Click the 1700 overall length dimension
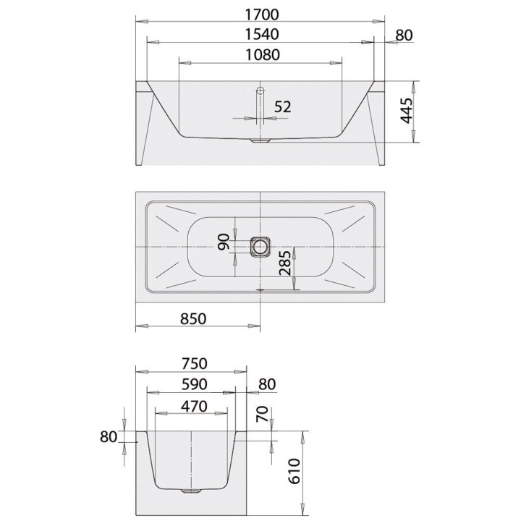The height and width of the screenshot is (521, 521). [x=262, y=14]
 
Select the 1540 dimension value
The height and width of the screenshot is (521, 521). [x=262, y=35]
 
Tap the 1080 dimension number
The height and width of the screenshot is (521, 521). [x=263, y=55]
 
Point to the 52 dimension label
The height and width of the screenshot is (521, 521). [x=283, y=106]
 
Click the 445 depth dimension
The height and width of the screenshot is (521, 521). [x=406, y=111]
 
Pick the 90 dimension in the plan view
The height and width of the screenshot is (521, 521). [x=224, y=242]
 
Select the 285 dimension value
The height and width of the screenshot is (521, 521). [x=285, y=263]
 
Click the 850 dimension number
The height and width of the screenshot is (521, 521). [x=193, y=318]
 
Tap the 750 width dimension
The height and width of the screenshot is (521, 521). [x=195, y=363]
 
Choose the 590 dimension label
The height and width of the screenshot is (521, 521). [x=195, y=384]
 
